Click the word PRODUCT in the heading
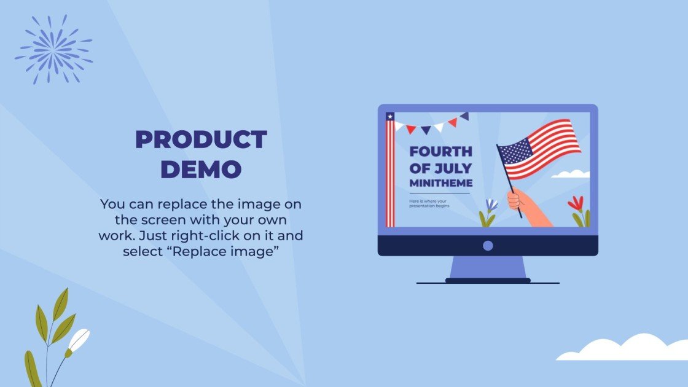pyautogui.click(x=201, y=140)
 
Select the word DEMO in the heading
pyautogui.click(x=201, y=169)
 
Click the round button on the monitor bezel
pyautogui.click(x=488, y=246)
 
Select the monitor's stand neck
pyautogui.click(x=488, y=267)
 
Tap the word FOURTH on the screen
pyautogui.click(x=440, y=152)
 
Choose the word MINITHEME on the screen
pyautogui.click(x=441, y=183)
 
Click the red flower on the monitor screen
pyautogui.click(x=576, y=203)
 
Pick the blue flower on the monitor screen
pyautogui.click(x=491, y=206)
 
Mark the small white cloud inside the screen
pyautogui.click(x=571, y=174)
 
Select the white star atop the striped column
pyautogui.click(x=389, y=116)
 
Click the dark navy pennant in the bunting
pyautogui.click(x=464, y=116)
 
